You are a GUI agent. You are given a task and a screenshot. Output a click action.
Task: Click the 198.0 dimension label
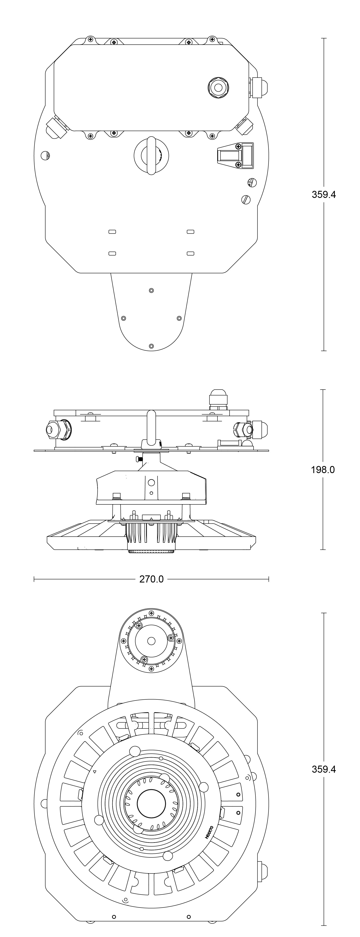pos(323,470)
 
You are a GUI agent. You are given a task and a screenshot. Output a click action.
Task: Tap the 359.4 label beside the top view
pos(324,194)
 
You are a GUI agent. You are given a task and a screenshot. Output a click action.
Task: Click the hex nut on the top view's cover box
pos(218,87)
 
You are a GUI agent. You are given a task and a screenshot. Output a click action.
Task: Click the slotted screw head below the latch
pos(246,199)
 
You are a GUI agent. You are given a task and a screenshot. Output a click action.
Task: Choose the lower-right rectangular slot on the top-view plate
pos(190,253)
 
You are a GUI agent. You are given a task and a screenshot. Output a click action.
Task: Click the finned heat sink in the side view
pos(151,537)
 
